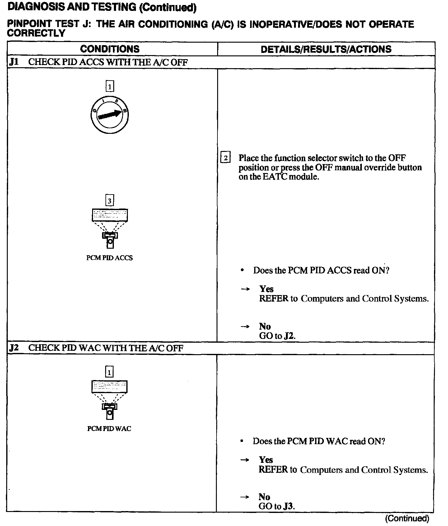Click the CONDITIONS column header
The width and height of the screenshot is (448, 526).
pos(110,49)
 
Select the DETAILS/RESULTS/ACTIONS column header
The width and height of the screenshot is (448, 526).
pos(326,49)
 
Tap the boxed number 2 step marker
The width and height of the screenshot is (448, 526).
pos(225,158)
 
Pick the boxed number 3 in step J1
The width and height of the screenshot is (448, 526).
pos(110,201)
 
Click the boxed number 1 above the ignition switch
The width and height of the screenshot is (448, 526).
pos(110,86)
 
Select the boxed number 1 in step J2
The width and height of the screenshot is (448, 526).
pos(109,372)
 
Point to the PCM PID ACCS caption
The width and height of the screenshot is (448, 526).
pos(110,258)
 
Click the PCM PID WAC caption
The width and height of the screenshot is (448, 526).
pos(109,429)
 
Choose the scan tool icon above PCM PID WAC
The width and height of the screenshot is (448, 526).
pos(109,400)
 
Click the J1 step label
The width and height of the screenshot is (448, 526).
pos(14,62)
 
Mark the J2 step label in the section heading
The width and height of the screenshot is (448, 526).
pos(14,348)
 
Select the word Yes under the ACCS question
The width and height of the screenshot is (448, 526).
pos(266,289)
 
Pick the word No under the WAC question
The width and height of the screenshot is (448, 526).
pos(264,497)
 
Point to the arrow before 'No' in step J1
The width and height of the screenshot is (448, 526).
pos(245,326)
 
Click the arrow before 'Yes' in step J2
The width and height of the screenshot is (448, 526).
pos(245,460)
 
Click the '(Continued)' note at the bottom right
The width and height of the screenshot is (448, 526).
pos(407,518)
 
